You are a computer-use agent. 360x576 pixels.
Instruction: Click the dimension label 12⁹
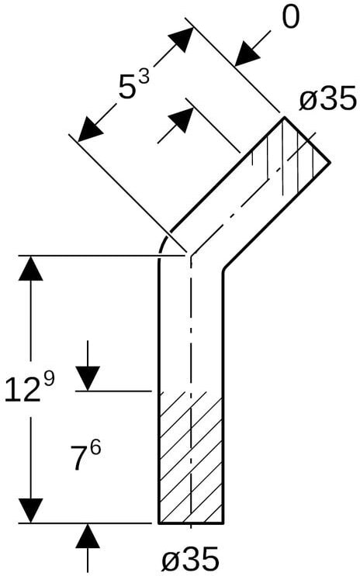pyautogui.click(x=29, y=386)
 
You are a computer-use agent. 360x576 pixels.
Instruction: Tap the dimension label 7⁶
pyautogui.click(x=85, y=456)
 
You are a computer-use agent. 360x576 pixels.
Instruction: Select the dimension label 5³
pyautogui.click(x=134, y=85)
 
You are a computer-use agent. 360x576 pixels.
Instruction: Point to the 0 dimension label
pyautogui.click(x=290, y=18)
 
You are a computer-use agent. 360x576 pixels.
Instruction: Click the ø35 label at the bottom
pyautogui.click(x=191, y=559)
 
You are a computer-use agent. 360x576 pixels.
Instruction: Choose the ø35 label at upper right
pyautogui.click(x=328, y=98)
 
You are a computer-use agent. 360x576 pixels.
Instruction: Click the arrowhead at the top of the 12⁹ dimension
pyautogui.click(x=30, y=268)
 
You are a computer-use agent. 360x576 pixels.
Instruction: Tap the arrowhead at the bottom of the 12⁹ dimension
pyautogui.click(x=30, y=510)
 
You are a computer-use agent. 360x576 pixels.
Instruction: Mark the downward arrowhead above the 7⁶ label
pyautogui.click(x=88, y=378)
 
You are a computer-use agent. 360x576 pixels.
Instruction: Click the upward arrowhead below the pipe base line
pyautogui.click(x=88, y=536)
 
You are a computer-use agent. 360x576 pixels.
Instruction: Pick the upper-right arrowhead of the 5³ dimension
pyautogui.click(x=181, y=39)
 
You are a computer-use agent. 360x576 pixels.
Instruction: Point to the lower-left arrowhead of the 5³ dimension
pyautogui.click(x=91, y=129)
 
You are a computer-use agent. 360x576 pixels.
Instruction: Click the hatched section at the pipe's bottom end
pyautogui.click(x=191, y=457)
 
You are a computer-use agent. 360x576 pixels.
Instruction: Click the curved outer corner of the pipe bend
pyautogui.click(x=164, y=244)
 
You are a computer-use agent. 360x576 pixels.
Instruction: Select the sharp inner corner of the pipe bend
pyautogui.click(x=223, y=271)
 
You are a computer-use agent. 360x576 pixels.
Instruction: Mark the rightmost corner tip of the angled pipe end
pyautogui.click(x=329, y=162)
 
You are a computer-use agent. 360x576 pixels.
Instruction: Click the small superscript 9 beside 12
pyautogui.click(x=49, y=379)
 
